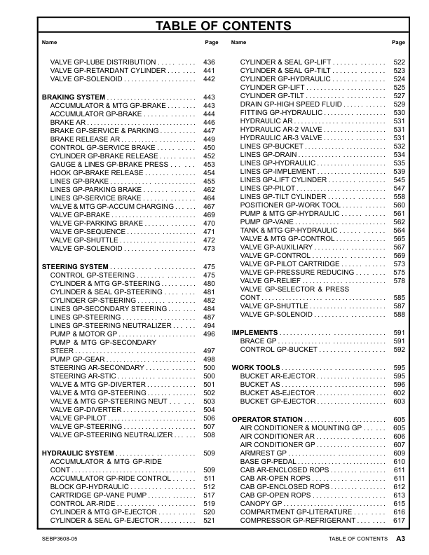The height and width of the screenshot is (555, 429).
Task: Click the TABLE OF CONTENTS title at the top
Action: [214, 27]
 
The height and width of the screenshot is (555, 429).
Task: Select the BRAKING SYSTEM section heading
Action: [74, 97]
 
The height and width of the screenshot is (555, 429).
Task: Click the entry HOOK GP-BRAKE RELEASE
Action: [97, 172]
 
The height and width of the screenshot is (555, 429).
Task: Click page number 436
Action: [208, 62]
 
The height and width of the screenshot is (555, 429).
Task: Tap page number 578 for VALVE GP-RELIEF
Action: [399, 281]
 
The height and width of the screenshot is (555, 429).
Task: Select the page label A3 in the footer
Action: [401, 539]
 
